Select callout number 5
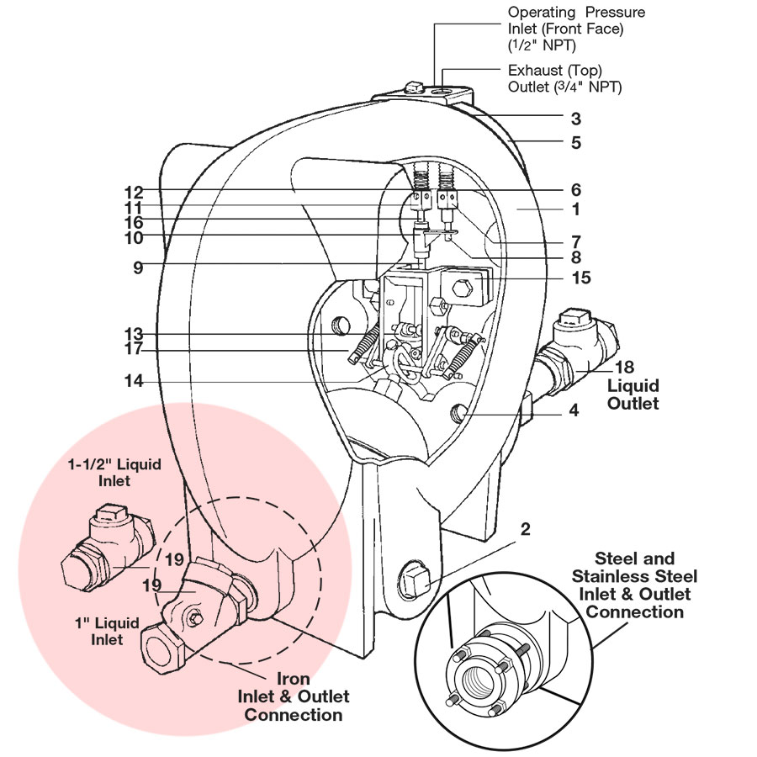pyautogui.click(x=575, y=143)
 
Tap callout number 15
pyautogui.click(x=581, y=278)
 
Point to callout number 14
pyautogui.click(x=134, y=381)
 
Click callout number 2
pyautogui.click(x=525, y=529)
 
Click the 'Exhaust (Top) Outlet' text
pyautogui.click(x=564, y=79)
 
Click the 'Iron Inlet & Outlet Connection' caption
pyautogui.click(x=294, y=696)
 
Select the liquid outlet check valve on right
pyautogui.click(x=581, y=345)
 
